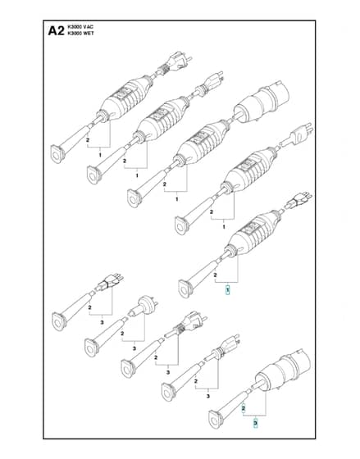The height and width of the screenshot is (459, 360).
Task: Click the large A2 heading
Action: (x=56, y=30)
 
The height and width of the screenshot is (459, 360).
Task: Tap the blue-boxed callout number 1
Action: (x=228, y=290)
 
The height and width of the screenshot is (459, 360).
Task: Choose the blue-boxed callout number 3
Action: (x=255, y=423)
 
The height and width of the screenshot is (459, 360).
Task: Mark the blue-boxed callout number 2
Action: (x=244, y=408)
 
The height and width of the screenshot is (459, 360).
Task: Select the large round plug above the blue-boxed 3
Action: (x=281, y=370)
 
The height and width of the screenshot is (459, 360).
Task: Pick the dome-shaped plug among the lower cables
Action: (x=144, y=307)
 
